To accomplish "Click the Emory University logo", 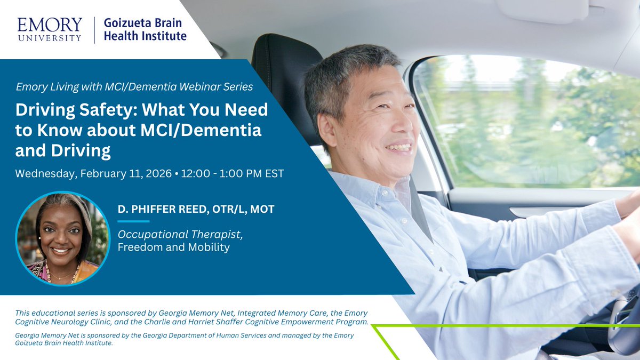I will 50,29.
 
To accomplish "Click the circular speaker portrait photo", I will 63,238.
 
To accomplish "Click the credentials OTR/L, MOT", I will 247,210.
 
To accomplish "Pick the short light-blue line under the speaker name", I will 133,221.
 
